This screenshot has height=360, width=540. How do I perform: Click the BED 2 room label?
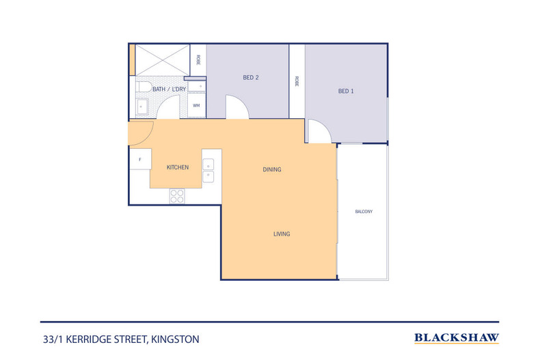[251, 77]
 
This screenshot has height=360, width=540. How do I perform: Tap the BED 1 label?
[346, 91]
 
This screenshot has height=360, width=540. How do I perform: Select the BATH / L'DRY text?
[169, 89]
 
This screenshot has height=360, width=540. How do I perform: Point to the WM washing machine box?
[196, 105]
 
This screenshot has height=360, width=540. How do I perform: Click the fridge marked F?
[140, 159]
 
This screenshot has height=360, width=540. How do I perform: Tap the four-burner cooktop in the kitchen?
[177, 196]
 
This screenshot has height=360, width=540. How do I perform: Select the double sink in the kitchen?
[208, 170]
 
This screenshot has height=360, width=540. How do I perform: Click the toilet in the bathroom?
[144, 87]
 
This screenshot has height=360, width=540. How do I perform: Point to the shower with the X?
[162, 60]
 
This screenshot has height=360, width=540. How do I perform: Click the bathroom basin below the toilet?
[141, 107]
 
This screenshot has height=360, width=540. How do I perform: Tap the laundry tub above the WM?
[196, 86]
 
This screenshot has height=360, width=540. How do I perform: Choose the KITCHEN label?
[178, 167]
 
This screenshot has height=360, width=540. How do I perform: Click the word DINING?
[272, 169]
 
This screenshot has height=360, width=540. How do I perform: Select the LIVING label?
[282, 234]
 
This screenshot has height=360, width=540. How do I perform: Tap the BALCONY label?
[364, 211]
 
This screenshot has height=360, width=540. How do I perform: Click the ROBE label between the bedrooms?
[297, 81]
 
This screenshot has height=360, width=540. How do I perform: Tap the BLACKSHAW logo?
[457, 338]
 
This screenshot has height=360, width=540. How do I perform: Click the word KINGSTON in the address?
[175, 340]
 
